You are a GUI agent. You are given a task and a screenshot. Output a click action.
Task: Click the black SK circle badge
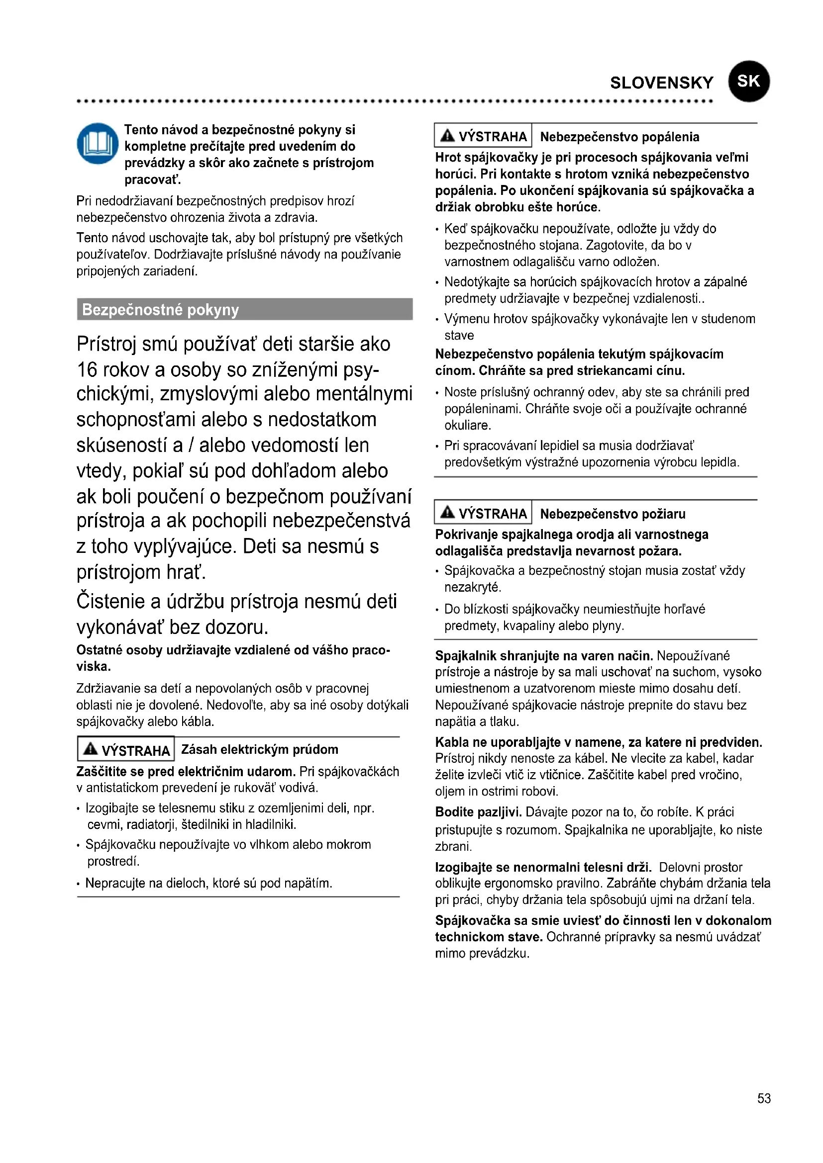coord(748,81)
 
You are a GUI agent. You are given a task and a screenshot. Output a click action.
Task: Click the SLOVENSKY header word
coord(661,83)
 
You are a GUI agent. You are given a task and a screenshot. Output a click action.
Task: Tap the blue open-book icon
coord(98,143)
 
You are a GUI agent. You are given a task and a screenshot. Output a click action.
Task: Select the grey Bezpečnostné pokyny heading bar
coord(244,309)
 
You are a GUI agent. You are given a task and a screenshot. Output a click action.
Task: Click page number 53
coord(764,1098)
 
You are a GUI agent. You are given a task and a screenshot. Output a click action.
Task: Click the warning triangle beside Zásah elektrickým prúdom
coord(91,749)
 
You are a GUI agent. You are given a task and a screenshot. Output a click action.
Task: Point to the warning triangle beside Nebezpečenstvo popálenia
coord(447,135)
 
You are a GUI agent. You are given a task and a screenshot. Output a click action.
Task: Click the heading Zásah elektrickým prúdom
coord(259,749)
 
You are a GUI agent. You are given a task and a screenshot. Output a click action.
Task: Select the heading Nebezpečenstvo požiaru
coord(612,514)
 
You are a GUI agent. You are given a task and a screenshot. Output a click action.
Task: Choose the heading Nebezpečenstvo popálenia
coord(619,137)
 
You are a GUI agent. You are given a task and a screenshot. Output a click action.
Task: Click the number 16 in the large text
coord(87,370)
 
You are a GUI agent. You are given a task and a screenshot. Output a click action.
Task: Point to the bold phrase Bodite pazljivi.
coord(478,812)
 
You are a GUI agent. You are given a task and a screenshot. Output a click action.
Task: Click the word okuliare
coord(467,426)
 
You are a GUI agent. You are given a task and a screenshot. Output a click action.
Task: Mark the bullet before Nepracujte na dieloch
coord(79,885)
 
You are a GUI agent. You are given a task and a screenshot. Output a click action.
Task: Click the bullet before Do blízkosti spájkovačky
coord(437,610)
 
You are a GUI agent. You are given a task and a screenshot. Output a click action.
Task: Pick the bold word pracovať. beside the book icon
coord(153,179)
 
